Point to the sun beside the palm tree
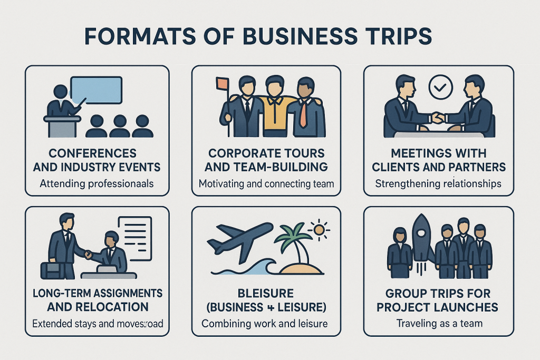pos(319,229)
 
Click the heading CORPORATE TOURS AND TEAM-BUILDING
pos(267,160)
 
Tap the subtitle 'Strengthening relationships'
pos(438,184)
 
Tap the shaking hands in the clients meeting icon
pos(437,118)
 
